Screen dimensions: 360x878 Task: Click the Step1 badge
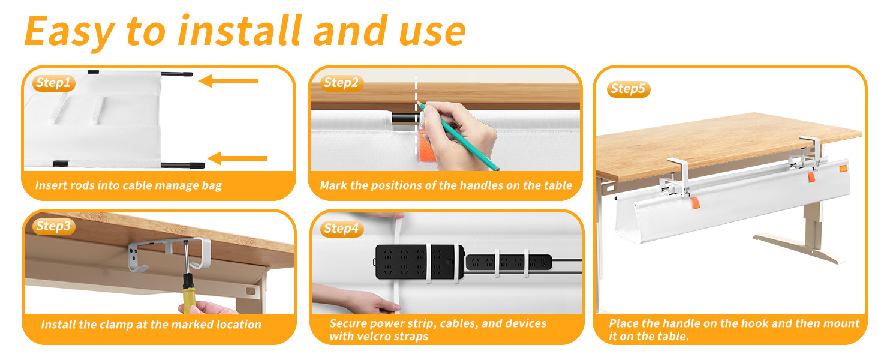click(53, 83)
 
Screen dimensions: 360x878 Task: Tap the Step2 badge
click(341, 83)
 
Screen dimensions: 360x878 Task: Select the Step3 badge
click(53, 226)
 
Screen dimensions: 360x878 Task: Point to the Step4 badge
click(341, 229)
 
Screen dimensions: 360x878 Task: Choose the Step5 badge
click(628, 89)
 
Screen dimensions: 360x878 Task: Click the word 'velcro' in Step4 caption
click(374, 336)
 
